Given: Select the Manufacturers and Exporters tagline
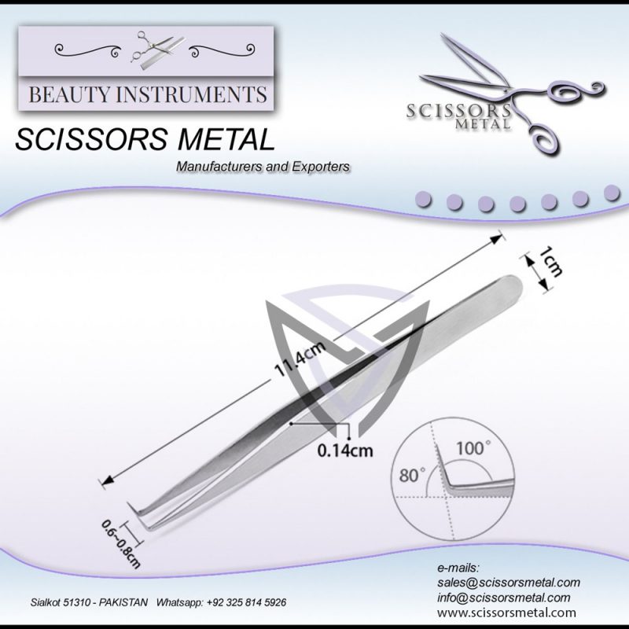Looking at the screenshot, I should pos(263,167).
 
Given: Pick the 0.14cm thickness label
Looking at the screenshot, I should pos(344,451).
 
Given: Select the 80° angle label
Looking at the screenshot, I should pos(412,475).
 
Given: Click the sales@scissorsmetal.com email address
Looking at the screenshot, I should pos(508,583).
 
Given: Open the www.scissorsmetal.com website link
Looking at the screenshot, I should pos(506,612).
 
